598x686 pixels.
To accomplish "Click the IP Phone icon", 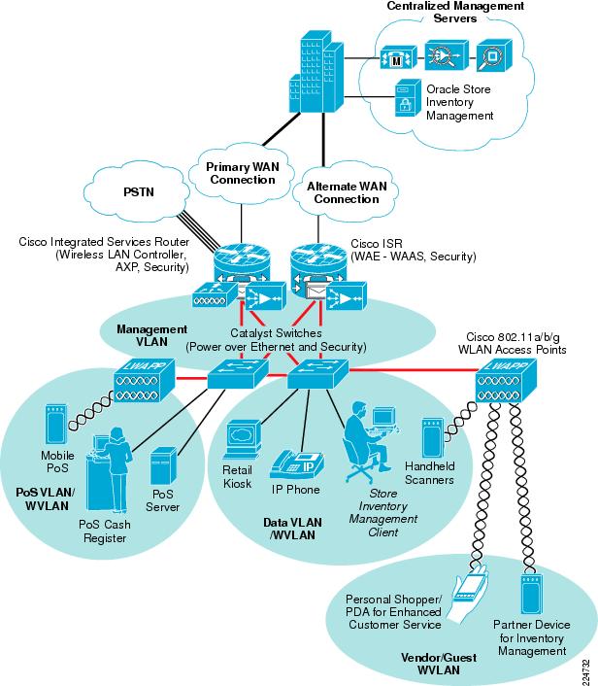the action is click(297, 465).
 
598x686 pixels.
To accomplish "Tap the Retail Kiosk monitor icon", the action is click(243, 440).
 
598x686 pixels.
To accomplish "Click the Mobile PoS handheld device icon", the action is click(56, 426).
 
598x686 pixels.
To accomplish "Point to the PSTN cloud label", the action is click(139, 191).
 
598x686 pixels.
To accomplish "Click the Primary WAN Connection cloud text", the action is click(243, 173).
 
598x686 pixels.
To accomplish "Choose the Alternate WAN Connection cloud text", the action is click(347, 192).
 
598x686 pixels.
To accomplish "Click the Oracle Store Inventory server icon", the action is click(408, 98).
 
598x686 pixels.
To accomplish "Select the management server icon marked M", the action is click(398, 57).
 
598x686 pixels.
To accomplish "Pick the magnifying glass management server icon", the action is click(494, 55).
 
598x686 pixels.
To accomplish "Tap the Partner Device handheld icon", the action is click(532, 594).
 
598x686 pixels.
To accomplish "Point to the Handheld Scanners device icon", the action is click(433, 438).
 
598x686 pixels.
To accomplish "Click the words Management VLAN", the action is click(151, 335).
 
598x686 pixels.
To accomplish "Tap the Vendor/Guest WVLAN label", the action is click(439, 664).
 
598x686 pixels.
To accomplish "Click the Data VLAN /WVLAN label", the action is click(292, 529).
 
